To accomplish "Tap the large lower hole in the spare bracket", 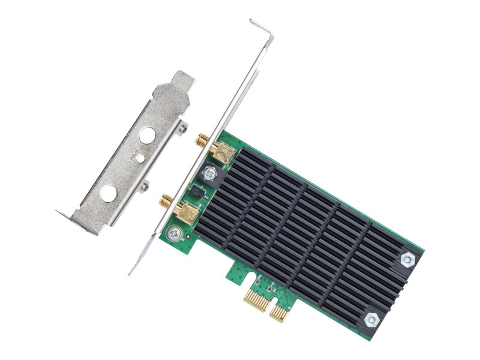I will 109,193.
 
